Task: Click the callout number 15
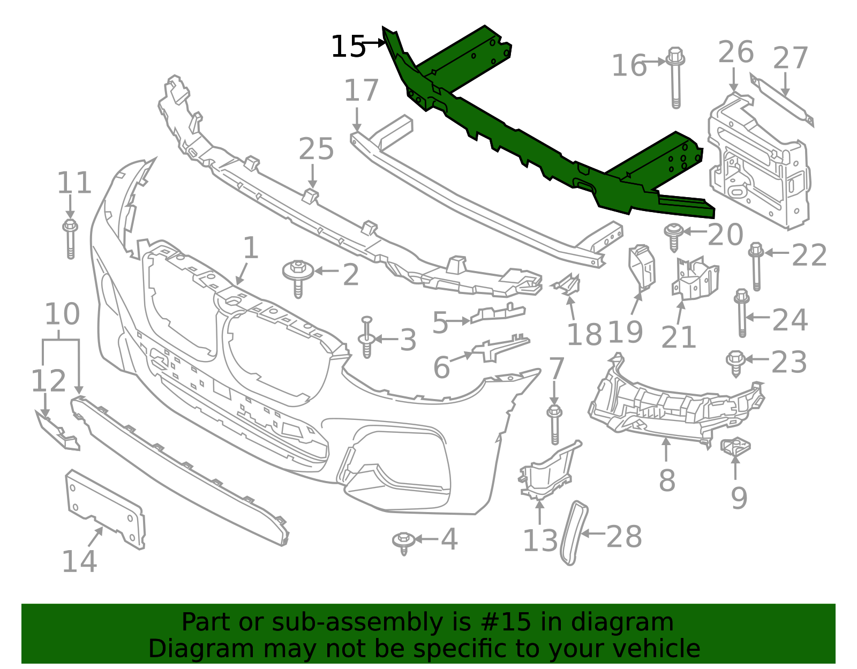(x=348, y=47)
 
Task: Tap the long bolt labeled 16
(x=675, y=78)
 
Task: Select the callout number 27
(x=791, y=58)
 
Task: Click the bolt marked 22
(x=756, y=267)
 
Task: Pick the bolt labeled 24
(x=742, y=313)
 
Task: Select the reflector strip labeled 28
(x=574, y=533)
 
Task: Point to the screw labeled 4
(x=403, y=543)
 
